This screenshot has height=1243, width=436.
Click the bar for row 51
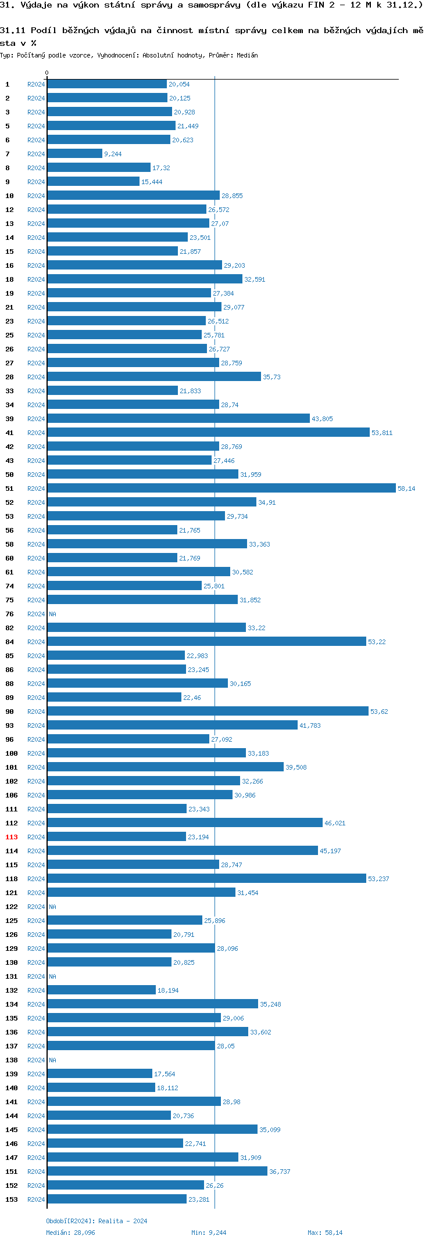[x=221, y=488]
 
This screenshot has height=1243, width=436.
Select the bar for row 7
[x=74, y=154]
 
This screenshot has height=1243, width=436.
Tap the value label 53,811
[x=382, y=433]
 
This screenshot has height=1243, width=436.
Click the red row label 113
[x=12, y=837]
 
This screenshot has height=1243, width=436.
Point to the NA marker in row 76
[x=52, y=614]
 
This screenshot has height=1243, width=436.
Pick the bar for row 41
[x=208, y=433]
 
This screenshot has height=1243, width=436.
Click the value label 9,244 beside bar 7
[x=113, y=154]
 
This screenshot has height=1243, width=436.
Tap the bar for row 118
[x=206, y=879]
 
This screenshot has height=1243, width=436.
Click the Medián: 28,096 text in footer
[x=70, y=1233]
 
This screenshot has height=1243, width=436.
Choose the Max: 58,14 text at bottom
[x=325, y=1233]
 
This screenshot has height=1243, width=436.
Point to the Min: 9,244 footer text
[x=209, y=1233]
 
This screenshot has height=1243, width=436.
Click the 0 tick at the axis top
[x=47, y=73]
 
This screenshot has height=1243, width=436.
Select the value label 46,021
[x=335, y=823]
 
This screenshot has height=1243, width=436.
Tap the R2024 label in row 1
[x=36, y=84]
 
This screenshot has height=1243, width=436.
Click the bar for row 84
[x=206, y=642]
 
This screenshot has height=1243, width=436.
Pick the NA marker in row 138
[x=52, y=1060]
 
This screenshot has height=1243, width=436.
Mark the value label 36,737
[x=280, y=1172]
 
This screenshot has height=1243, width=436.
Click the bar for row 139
[x=99, y=1074]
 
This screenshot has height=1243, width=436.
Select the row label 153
[x=12, y=1199]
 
